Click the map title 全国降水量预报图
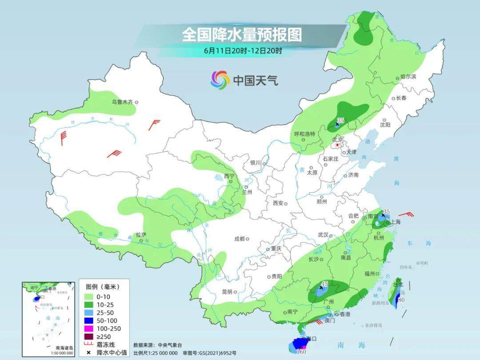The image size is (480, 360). [241, 34]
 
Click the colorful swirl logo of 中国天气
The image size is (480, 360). [220, 80]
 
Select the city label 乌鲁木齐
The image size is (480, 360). [122, 102]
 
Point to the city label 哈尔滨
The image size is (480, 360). [408, 77]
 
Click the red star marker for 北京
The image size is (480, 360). [338, 145]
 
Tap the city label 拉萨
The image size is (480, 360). [140, 235]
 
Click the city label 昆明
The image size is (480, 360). [226, 292]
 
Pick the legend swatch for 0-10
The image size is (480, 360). [88, 296]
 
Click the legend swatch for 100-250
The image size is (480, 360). [88, 328]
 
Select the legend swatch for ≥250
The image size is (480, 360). [88, 336]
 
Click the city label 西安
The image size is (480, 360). [278, 203]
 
